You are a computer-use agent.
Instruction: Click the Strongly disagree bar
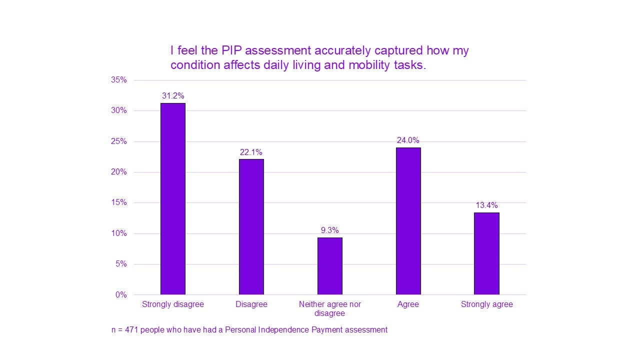click(x=172, y=199)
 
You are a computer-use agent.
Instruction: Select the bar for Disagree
click(x=251, y=227)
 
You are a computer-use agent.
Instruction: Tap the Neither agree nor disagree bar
click(x=329, y=266)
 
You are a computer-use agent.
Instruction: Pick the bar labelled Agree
click(x=408, y=221)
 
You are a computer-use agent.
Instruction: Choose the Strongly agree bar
click(x=486, y=253)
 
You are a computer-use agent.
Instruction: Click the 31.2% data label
click(x=172, y=96)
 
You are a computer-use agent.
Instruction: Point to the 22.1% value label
click(x=251, y=152)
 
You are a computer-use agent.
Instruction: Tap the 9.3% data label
click(x=329, y=230)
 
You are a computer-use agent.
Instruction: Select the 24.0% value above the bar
click(x=408, y=140)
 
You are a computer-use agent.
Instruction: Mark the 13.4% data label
click(x=486, y=205)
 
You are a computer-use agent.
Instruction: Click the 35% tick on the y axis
click(x=119, y=80)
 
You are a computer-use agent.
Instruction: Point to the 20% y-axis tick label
click(x=119, y=172)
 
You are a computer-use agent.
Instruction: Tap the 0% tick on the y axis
click(x=121, y=295)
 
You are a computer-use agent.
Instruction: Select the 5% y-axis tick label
click(x=121, y=264)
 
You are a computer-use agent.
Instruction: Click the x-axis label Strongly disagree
click(x=172, y=304)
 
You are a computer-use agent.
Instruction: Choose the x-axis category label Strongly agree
click(x=486, y=304)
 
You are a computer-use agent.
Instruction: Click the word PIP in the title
click(x=231, y=50)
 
